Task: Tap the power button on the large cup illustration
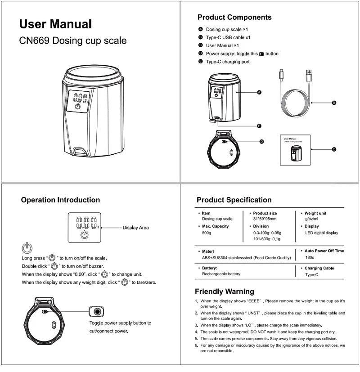coord(77,107)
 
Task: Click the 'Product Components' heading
coord(234,18)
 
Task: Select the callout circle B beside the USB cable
coord(334,103)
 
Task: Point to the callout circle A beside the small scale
coord(259,92)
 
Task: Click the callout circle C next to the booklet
coord(334,149)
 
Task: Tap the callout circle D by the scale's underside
coord(261,141)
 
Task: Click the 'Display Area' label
coord(135,228)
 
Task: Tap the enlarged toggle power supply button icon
coord(97,311)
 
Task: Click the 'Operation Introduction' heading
coord(60,200)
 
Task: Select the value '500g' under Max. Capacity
coord(207,233)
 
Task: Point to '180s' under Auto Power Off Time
coord(309,258)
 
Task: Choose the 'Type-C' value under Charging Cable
coord(312,274)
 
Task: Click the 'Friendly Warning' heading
coord(224,291)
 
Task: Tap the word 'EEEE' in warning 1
coord(254,300)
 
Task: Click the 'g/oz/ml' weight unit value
coord(312,219)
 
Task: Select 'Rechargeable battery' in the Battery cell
coord(221,274)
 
